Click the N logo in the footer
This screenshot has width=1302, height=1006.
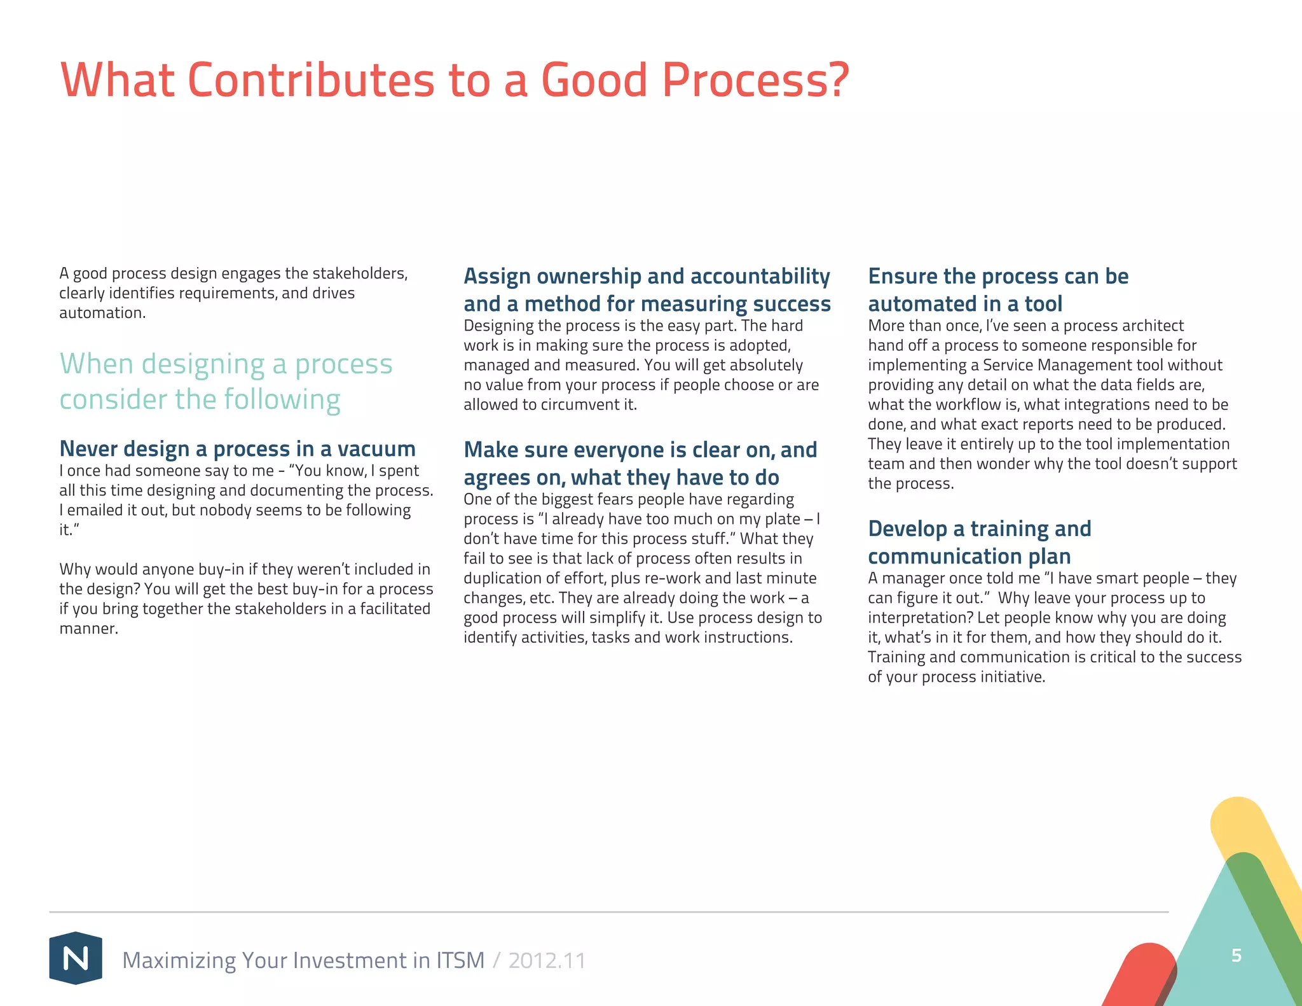click(x=76, y=958)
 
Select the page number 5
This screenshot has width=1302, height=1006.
click(x=1236, y=955)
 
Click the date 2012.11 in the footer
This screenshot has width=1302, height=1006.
click(x=547, y=960)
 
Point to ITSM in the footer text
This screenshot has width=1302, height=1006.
click(x=460, y=960)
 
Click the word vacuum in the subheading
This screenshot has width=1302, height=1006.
click(x=376, y=449)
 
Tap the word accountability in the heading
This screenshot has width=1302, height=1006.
click(x=760, y=277)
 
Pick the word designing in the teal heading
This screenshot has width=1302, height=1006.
click(x=203, y=364)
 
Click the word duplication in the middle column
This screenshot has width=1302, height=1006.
click(x=502, y=578)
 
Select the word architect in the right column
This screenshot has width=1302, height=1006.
click(x=1152, y=326)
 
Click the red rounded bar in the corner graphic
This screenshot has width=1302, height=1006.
click(x=1141, y=973)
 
